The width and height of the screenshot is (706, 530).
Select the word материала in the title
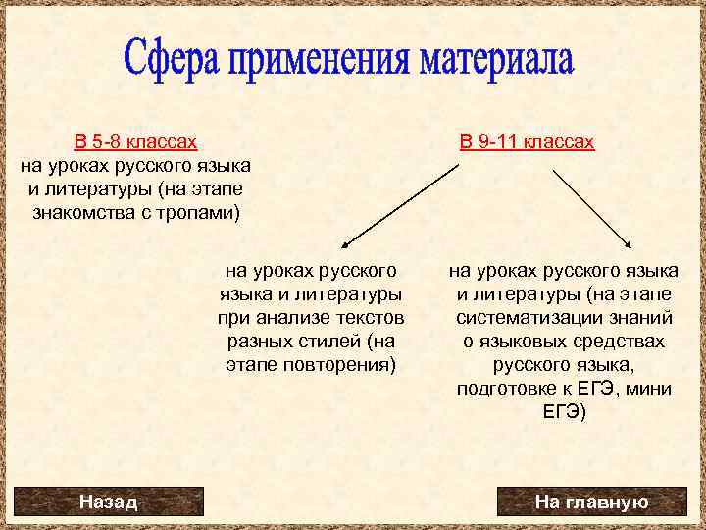(x=496, y=61)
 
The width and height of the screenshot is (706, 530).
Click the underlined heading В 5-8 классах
(x=135, y=142)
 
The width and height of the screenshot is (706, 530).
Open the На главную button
(x=590, y=502)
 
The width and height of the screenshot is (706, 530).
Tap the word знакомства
(x=85, y=212)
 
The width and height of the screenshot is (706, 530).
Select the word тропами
(x=201, y=212)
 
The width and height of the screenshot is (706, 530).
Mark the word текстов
(x=368, y=317)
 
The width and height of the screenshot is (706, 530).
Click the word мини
(x=651, y=389)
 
